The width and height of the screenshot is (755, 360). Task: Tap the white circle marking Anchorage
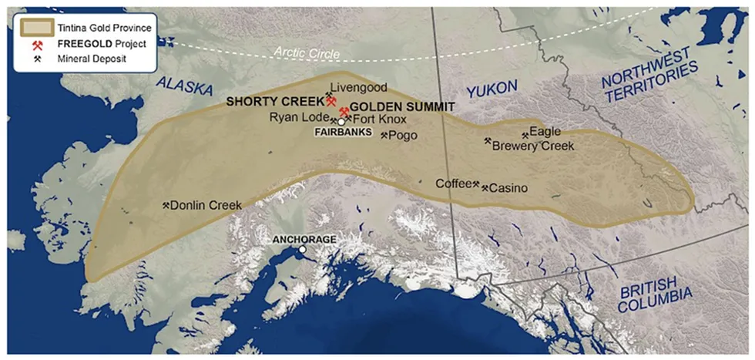[x=304, y=250]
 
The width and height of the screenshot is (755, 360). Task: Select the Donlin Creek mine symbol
[x=166, y=205]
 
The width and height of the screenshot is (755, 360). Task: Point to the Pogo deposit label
[x=403, y=135]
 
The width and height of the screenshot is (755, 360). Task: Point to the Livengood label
[x=358, y=88]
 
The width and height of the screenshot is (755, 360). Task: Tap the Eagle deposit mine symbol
[x=525, y=136]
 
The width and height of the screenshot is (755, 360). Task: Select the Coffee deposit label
[x=453, y=183]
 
